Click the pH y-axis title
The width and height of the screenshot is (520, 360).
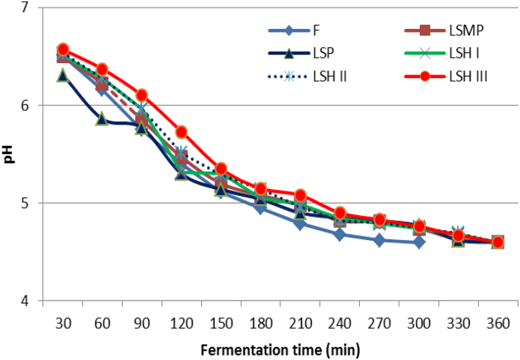[x=8, y=155]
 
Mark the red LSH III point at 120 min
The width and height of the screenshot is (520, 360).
[x=181, y=131]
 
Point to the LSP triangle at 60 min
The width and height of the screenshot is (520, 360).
[x=102, y=119]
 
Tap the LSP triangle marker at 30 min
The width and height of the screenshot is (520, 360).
[x=63, y=75]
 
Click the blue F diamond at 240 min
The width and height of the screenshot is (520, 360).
[x=339, y=234]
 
